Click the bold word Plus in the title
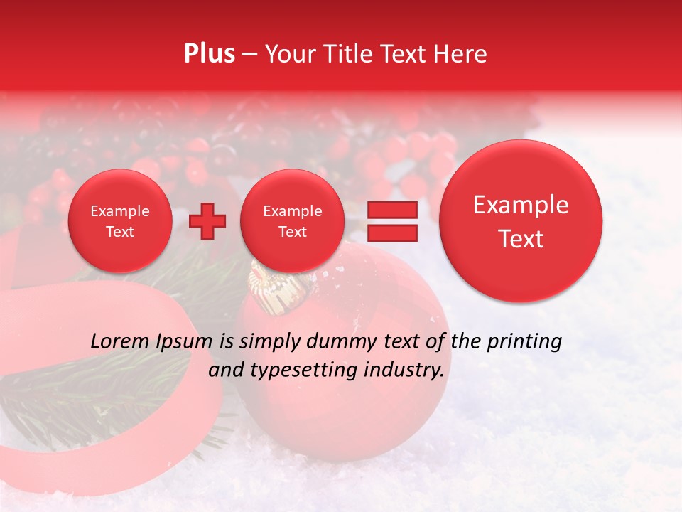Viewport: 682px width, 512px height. [x=210, y=54]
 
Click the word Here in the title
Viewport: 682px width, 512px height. [x=461, y=54]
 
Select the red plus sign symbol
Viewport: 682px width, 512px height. [x=207, y=221]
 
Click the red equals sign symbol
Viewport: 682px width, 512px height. [x=392, y=221]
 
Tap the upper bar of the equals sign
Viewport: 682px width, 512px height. [x=392, y=210]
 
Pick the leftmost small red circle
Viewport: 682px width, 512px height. [x=120, y=221]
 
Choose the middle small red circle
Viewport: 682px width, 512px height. [x=292, y=221]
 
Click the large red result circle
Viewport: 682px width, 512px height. [x=521, y=221]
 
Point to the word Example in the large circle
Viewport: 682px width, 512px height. [x=521, y=205]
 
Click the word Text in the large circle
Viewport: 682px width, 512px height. [x=521, y=239]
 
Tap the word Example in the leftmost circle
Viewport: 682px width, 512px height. [x=120, y=211]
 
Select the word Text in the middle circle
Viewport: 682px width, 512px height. [x=292, y=232]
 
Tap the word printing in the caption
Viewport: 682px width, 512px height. [x=524, y=342]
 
